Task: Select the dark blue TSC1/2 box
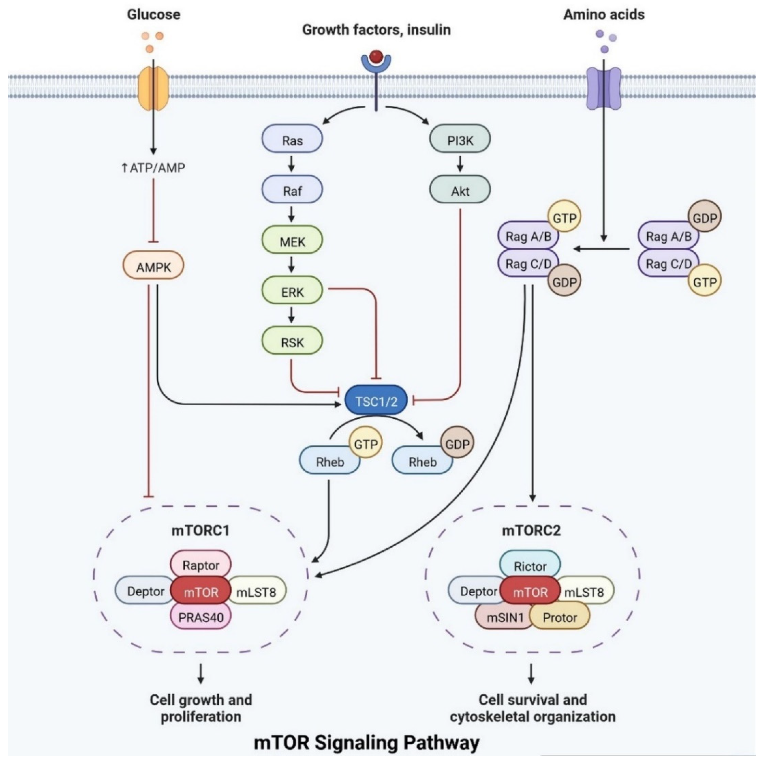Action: click(x=376, y=401)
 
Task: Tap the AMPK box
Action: click(x=153, y=267)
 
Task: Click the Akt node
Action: click(x=460, y=191)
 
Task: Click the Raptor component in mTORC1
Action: click(x=201, y=565)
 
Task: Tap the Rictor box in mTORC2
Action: click(x=530, y=566)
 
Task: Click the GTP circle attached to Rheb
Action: click(x=366, y=444)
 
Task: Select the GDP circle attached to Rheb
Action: click(x=457, y=444)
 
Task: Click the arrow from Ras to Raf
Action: click(x=292, y=164)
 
